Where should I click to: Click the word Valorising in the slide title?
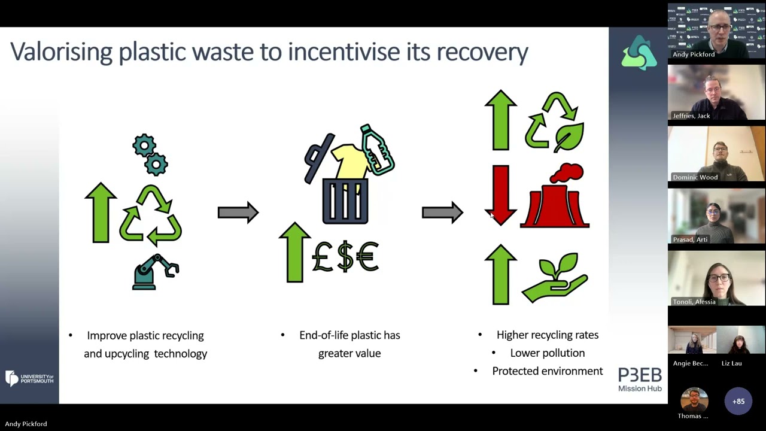tap(62, 51)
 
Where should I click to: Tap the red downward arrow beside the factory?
tap(501, 195)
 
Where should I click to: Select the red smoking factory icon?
tap(555, 195)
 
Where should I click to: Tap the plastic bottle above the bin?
tap(377, 150)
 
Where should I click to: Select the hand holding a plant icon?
tap(555, 277)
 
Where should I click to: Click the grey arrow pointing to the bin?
tap(238, 213)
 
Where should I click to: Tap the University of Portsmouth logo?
tap(29, 378)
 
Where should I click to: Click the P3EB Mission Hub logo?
tap(640, 380)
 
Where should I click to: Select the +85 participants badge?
tap(738, 401)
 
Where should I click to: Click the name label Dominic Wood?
tap(695, 177)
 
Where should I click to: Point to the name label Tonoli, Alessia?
tap(694, 302)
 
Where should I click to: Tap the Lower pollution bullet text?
tap(548, 353)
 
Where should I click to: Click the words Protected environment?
tap(548, 371)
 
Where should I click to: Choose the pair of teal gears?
tap(150, 155)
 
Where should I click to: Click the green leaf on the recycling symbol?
tap(569, 137)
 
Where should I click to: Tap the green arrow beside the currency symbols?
tap(295, 253)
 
